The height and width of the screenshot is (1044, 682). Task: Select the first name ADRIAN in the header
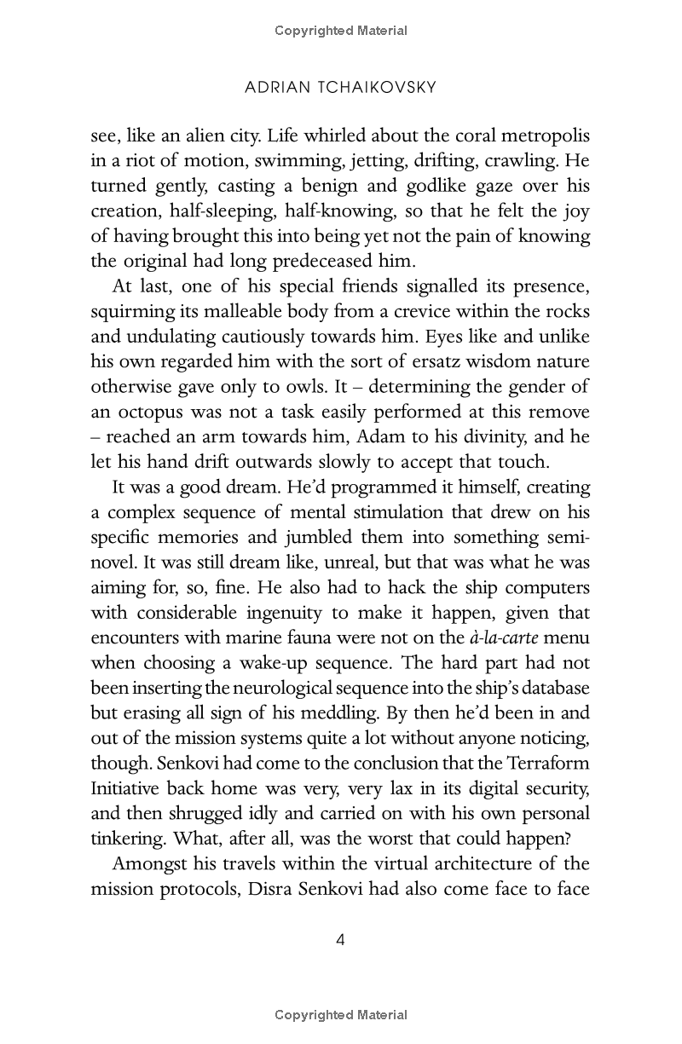tap(273, 88)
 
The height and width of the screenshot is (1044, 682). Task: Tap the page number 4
tap(340, 940)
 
